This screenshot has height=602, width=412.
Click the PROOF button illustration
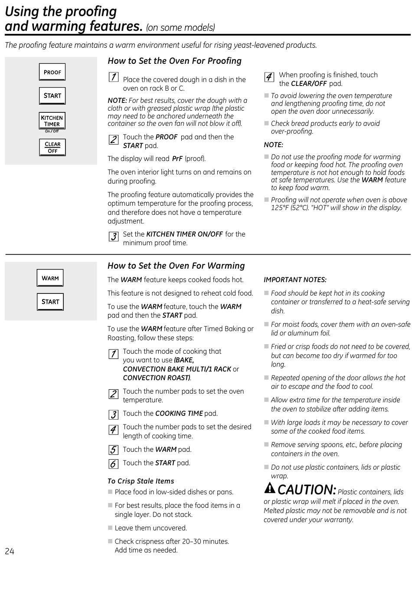52,72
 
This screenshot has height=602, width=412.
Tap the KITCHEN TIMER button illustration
52,121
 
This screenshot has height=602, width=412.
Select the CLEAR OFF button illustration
52,148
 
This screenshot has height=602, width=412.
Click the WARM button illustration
50,278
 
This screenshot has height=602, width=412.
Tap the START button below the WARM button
50,302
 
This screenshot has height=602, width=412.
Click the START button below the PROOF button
52,96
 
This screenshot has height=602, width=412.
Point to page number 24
10,551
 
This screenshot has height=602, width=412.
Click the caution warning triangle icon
270,488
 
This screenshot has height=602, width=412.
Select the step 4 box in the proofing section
269,77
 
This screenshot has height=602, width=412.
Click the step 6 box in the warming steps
113,464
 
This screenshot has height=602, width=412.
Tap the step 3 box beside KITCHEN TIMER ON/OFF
113,237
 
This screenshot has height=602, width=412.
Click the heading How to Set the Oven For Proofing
174,61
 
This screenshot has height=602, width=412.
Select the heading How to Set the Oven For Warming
176,266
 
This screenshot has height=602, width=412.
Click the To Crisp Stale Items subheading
141,481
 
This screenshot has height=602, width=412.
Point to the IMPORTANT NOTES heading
295,280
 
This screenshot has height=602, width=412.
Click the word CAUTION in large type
307,490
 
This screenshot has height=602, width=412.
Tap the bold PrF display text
177,159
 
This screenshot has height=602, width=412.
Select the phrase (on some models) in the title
180,28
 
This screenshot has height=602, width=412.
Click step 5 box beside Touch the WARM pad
113,450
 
